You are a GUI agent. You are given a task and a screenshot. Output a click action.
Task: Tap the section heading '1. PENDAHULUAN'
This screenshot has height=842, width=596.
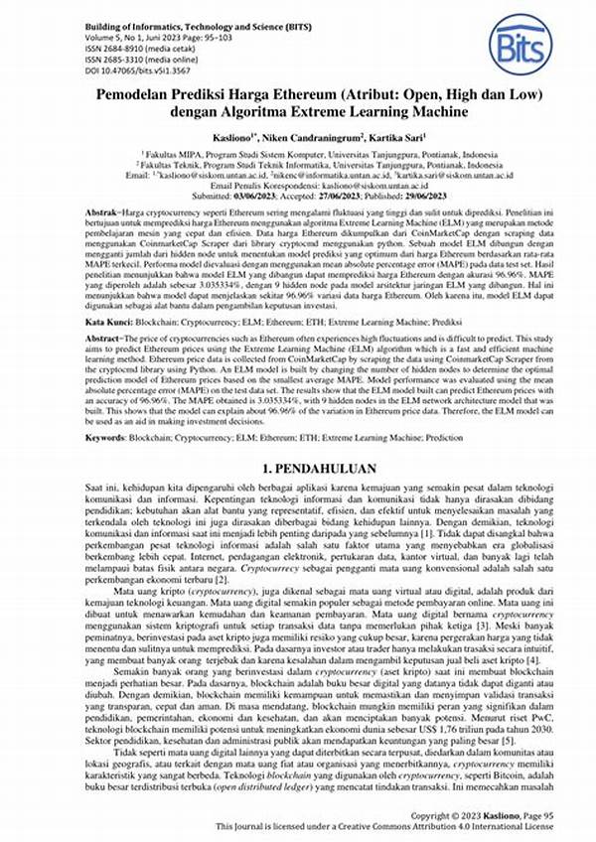[x=297, y=468]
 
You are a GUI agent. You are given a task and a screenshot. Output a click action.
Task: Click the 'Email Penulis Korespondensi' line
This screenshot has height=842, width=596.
[x=297, y=187]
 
